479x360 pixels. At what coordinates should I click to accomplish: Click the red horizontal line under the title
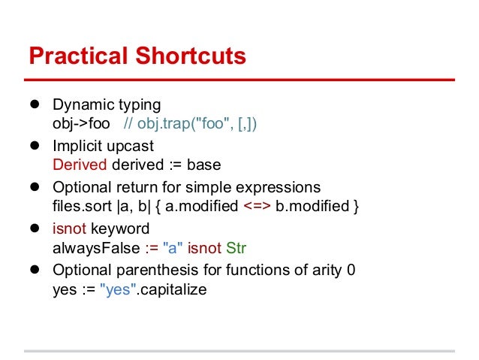[239, 79]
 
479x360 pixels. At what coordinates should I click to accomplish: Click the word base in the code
[204, 165]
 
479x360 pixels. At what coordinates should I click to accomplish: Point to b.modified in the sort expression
[310, 206]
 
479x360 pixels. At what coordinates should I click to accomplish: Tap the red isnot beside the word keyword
[69, 228]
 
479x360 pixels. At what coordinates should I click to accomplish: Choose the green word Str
[237, 247]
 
